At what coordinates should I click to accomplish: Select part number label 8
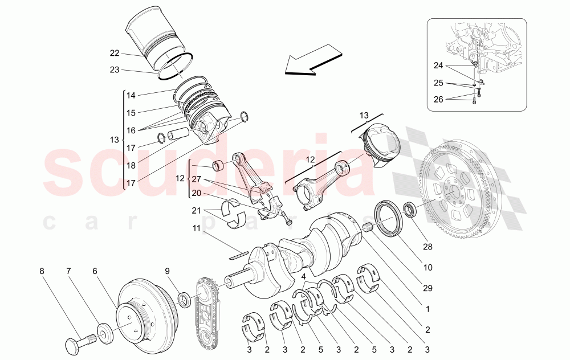tap(42, 271)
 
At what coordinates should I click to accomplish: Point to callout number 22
tap(115, 53)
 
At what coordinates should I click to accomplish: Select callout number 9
tap(167, 271)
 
